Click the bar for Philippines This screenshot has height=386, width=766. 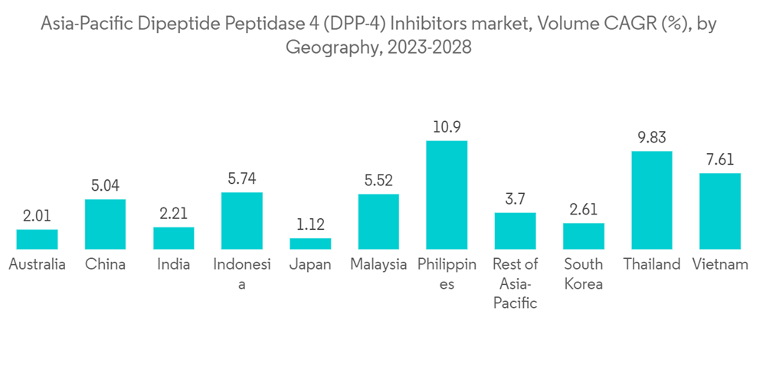tap(447, 195)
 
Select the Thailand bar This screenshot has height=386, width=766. tap(651, 200)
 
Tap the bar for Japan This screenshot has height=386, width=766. tap(310, 244)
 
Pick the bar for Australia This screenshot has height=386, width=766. tap(37, 239)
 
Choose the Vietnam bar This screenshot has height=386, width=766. tap(720, 211)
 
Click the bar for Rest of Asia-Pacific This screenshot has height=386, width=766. tap(515, 231)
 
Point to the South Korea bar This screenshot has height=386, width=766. tap(584, 236)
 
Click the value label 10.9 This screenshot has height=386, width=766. tap(447, 127)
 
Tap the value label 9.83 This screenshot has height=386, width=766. tap(651, 138)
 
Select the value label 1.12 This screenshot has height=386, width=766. tap(310, 225)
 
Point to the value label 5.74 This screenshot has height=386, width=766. tap(242, 178)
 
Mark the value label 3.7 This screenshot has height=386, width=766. tap(515, 199)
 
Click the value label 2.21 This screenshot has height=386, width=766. tap(174, 214)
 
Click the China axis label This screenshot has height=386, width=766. tap(105, 264)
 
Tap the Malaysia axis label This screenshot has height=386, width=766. tap(378, 264)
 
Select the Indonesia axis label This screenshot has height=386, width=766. tap(242, 273)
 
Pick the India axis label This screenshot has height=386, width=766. tap(174, 264)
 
